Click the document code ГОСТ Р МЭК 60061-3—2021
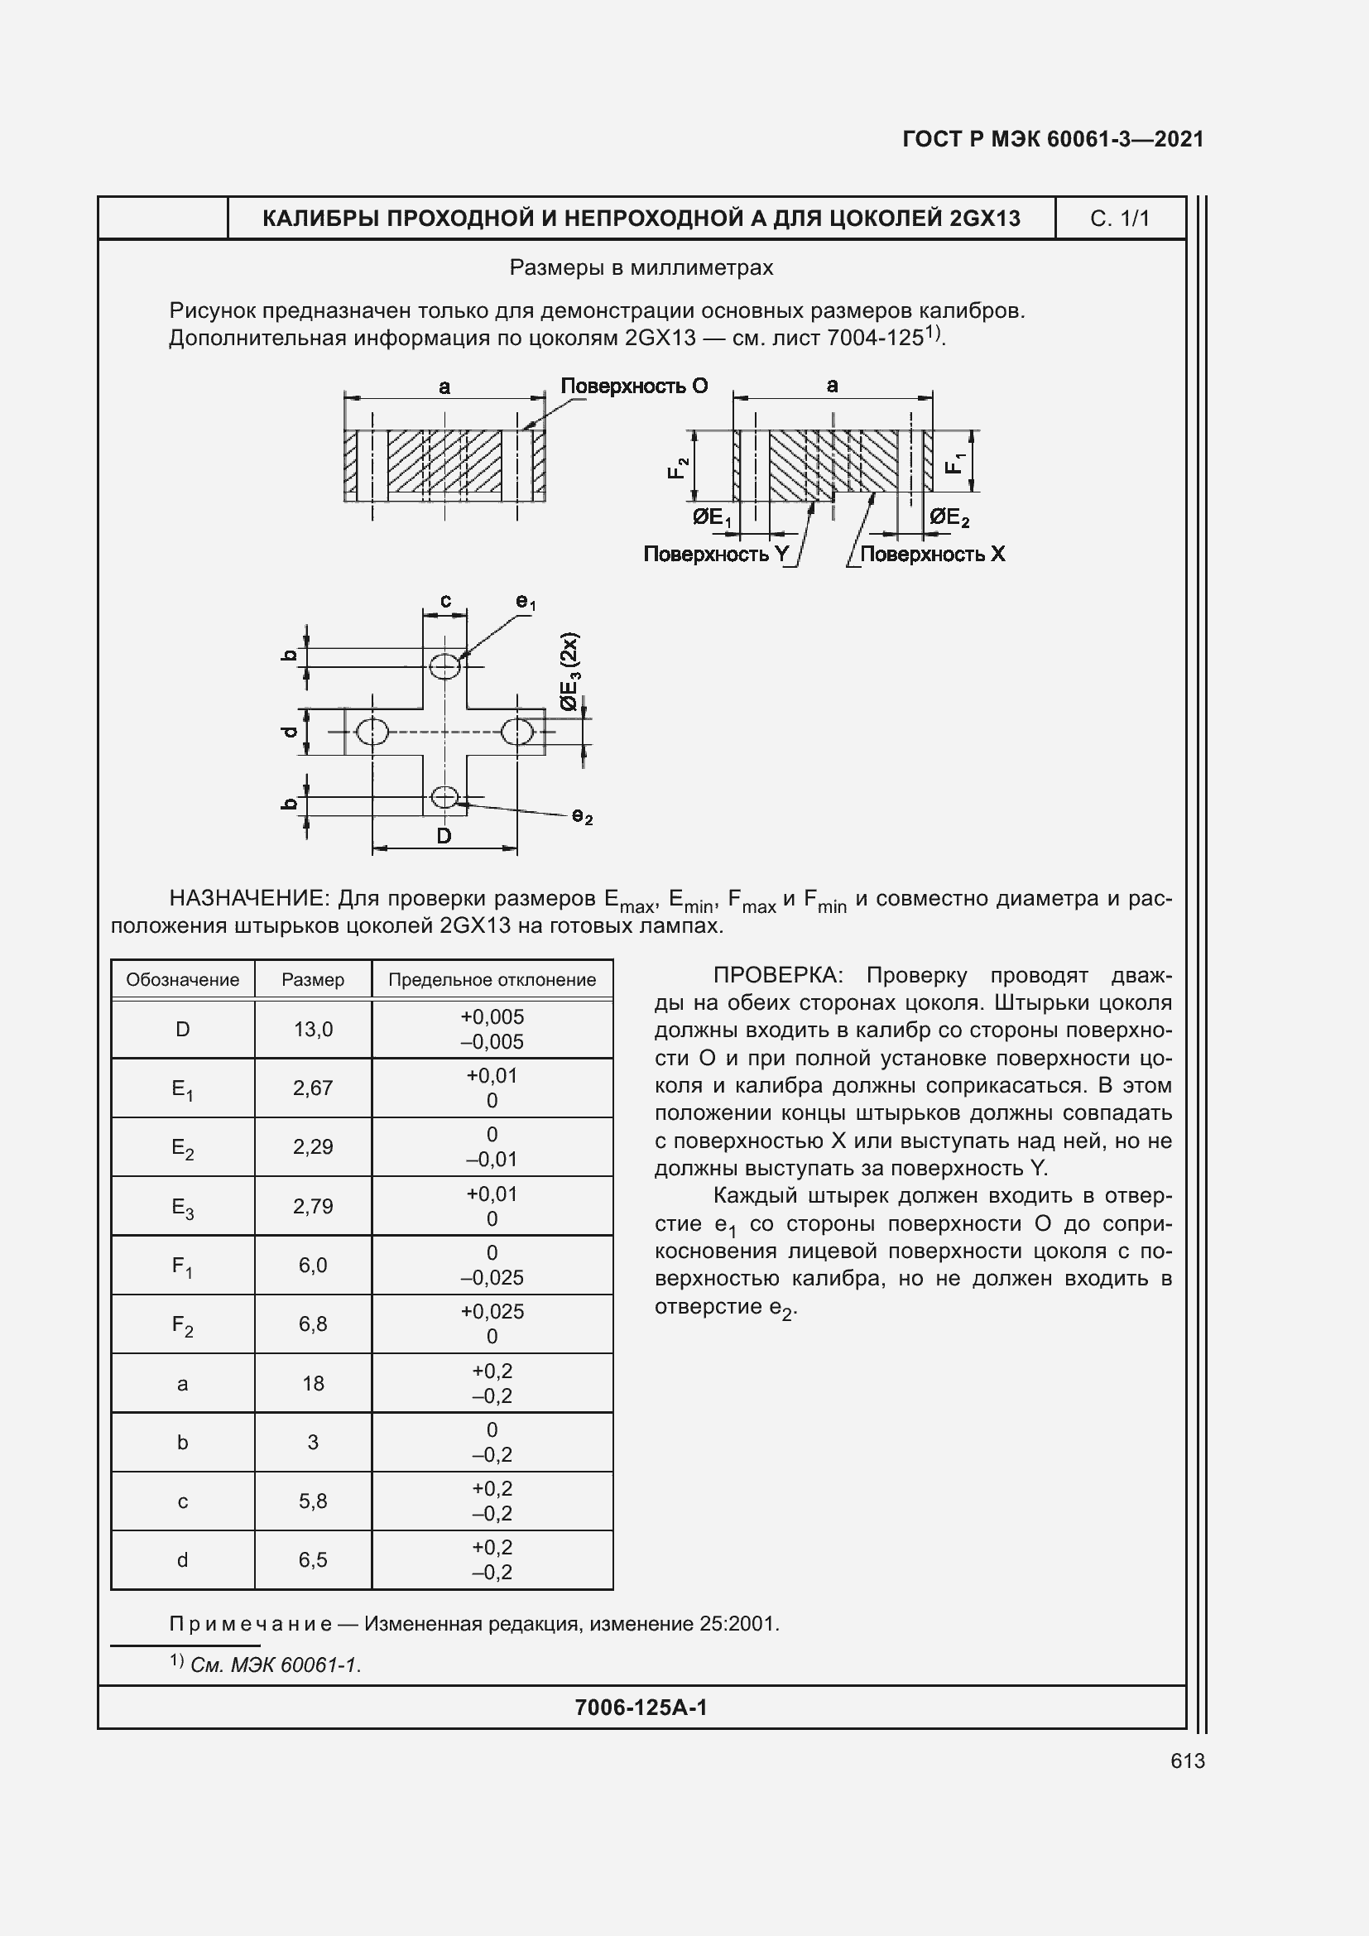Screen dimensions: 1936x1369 tap(1052, 139)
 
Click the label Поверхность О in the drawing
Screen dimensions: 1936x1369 tap(634, 387)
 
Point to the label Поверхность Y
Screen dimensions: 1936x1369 tap(716, 554)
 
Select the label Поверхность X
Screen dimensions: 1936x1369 tap(931, 554)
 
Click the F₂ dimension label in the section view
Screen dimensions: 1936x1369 tap(679, 468)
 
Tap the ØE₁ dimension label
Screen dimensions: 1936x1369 tap(712, 516)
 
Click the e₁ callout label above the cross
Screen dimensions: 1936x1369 tap(526, 602)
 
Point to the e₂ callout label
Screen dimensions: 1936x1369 tap(583, 816)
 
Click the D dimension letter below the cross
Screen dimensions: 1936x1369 tap(444, 836)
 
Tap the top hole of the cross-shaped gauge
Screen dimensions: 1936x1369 tap(444, 666)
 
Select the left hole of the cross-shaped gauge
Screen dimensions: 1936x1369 tap(372, 731)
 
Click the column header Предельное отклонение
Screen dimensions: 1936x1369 tap(492, 980)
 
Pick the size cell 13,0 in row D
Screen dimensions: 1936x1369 tap(313, 1029)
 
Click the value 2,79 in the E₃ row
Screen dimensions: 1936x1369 tap(313, 1206)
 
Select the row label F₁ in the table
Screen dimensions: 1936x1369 tap(182, 1266)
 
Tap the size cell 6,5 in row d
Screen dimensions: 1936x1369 tap(313, 1560)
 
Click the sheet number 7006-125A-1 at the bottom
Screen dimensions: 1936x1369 tap(641, 1708)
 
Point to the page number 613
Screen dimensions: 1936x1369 tap(1187, 1761)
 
